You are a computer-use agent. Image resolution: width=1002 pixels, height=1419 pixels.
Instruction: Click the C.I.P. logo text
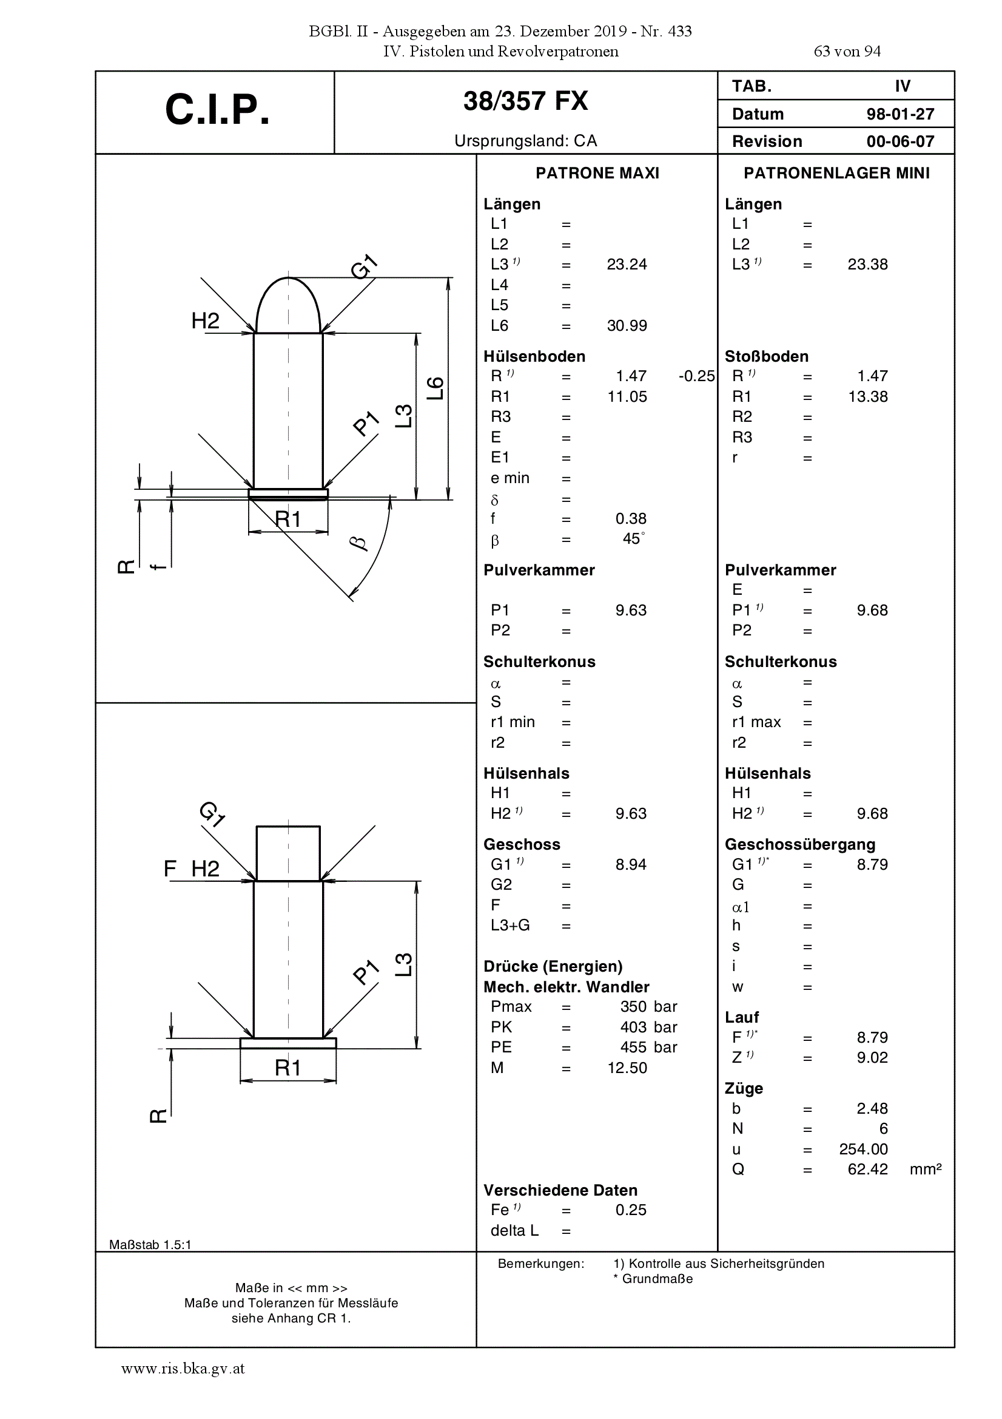(218, 110)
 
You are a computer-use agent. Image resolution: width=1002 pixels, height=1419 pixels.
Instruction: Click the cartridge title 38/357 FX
(526, 101)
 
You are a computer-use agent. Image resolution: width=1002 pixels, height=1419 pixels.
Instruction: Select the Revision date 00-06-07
(900, 141)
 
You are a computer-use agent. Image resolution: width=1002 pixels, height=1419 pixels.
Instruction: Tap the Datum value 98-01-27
(900, 114)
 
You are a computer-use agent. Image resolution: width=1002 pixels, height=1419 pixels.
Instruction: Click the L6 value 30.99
(627, 326)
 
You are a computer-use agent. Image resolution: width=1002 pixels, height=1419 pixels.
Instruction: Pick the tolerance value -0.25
(696, 376)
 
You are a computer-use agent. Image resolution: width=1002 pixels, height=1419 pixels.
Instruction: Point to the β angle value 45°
(634, 538)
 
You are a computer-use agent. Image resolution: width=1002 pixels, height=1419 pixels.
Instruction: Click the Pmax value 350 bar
(648, 1007)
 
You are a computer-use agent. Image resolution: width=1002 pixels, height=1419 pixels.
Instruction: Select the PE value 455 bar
(648, 1048)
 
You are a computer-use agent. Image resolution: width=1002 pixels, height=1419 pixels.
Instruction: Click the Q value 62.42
(867, 1170)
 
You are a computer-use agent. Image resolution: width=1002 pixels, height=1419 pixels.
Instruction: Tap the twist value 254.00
(863, 1149)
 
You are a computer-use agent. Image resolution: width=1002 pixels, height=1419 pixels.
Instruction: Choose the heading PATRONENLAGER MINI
(836, 174)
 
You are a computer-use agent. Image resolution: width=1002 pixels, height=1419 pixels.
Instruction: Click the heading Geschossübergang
(800, 845)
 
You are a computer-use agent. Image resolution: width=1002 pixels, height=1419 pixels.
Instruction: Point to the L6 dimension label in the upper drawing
(435, 387)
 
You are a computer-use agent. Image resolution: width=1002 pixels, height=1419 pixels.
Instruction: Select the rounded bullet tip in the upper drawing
(288, 304)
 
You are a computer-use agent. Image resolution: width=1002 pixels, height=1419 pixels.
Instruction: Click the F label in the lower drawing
(170, 869)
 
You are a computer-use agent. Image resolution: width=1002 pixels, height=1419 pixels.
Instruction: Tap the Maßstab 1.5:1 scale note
(150, 1245)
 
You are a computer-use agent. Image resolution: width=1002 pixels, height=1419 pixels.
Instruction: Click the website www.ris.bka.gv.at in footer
(183, 1369)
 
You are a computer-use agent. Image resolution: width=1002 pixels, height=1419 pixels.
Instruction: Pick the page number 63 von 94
(847, 52)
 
